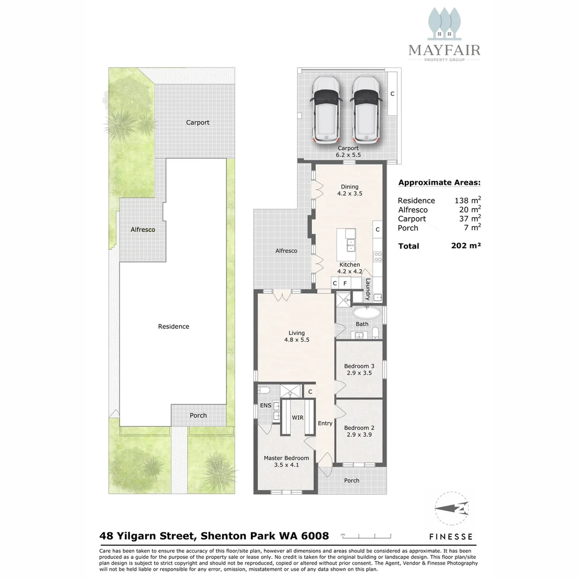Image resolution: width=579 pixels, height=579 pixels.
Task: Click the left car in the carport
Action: point(327,109)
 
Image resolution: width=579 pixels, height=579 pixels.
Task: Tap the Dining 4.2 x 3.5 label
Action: point(350,190)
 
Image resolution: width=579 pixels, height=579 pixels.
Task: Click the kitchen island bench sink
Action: point(350,247)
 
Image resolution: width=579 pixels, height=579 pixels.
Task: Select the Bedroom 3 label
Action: point(359,366)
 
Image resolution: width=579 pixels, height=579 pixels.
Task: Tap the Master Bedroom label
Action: point(286,458)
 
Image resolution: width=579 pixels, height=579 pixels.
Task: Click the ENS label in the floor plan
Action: point(265,405)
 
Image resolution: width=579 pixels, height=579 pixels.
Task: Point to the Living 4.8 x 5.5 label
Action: point(296,336)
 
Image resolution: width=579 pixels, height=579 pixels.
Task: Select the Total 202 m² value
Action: point(466,246)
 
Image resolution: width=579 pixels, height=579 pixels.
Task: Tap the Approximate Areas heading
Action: point(439,182)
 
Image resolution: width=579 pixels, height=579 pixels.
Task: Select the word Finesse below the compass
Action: point(451,536)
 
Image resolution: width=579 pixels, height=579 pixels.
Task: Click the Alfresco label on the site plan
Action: point(143,229)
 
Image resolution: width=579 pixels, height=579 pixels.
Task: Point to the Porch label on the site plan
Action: point(198,415)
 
